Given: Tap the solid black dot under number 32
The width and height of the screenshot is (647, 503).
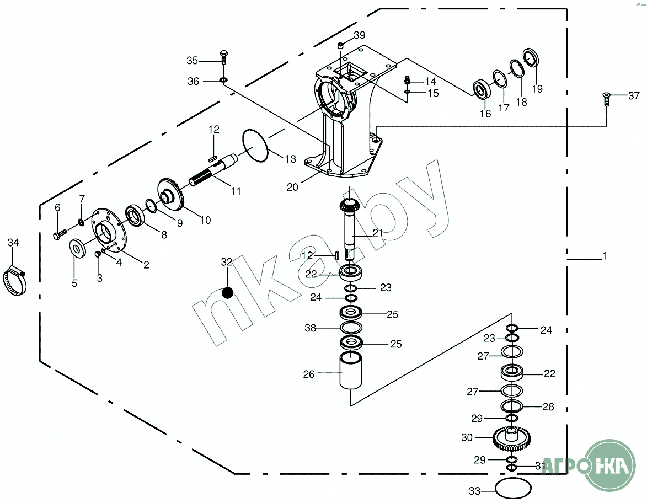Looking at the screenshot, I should click(x=227, y=293).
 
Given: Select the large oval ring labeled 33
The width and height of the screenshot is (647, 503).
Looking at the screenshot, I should click(x=513, y=488).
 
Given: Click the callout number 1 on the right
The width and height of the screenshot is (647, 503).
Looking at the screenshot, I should click(x=605, y=256).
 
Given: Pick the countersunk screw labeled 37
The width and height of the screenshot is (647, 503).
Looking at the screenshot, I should click(x=606, y=98).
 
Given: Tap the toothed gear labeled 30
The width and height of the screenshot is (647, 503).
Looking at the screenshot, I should click(x=511, y=438).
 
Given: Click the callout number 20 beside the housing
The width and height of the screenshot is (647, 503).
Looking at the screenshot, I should click(x=292, y=187).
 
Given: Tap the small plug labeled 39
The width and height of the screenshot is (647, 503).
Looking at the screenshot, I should click(x=341, y=45).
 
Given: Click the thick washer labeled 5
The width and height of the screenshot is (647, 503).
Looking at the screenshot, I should click(x=78, y=248).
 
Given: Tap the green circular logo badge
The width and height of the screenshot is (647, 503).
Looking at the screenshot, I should click(x=610, y=464).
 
